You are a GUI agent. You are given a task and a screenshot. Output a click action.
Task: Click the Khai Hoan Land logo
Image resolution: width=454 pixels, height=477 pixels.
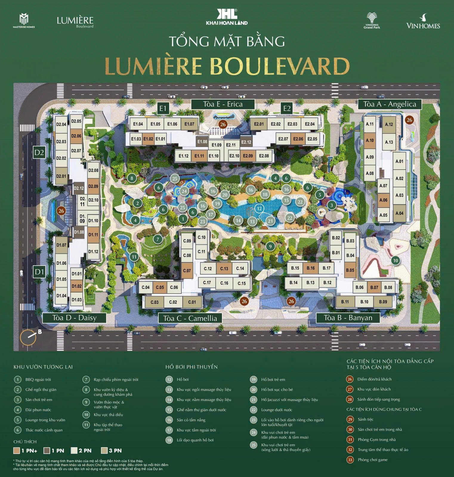(x=227, y=17)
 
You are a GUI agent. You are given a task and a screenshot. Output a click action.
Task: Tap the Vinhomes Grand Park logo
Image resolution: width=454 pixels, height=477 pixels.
(x=372, y=21)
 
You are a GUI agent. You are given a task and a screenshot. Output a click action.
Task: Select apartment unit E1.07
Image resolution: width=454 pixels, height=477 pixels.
(x=189, y=124)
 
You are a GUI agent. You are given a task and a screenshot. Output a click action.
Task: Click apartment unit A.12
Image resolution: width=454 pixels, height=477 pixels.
(x=389, y=124)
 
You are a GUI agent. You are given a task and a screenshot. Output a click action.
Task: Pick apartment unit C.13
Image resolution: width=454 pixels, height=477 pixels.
(x=224, y=269)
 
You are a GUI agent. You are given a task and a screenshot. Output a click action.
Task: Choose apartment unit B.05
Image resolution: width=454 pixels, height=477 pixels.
(x=350, y=270)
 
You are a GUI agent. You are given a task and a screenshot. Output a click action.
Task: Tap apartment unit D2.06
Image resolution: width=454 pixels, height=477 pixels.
(x=76, y=136)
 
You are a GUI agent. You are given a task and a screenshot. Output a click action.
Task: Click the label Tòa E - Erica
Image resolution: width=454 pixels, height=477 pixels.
(x=223, y=104)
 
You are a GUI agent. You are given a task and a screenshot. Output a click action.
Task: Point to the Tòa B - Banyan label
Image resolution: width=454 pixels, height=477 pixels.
(x=348, y=318)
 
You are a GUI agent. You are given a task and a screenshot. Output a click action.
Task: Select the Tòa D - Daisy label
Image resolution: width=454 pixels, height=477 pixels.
(x=74, y=318)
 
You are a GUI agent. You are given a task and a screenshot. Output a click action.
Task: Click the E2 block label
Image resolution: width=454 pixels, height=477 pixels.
(x=287, y=108)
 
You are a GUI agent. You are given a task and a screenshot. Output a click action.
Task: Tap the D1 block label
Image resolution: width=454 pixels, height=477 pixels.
(x=39, y=272)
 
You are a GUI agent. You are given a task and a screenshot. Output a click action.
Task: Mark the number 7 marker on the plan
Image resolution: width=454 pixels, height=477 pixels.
(x=158, y=239)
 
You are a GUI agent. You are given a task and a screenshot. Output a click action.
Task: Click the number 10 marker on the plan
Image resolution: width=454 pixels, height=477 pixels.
(x=395, y=260)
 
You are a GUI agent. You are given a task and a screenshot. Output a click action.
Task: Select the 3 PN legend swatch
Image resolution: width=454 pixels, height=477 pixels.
(x=105, y=450)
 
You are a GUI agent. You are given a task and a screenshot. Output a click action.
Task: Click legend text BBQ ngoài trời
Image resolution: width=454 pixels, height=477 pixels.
(x=38, y=380)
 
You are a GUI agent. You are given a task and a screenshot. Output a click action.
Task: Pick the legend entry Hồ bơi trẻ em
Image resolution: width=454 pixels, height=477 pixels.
(x=273, y=380)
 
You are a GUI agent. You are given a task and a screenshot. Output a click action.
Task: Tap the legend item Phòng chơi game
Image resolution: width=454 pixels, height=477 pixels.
(x=373, y=460)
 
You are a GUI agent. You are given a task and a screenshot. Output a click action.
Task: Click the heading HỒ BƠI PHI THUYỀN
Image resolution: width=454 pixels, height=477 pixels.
(x=192, y=367)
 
